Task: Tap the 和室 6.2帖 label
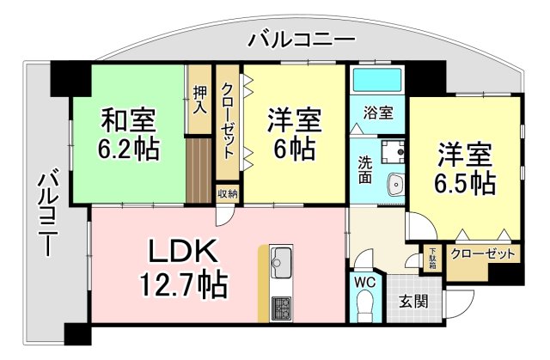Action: click(130, 133)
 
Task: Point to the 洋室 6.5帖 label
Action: click(466, 168)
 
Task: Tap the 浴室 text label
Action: click(377, 112)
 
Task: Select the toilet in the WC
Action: click(364, 306)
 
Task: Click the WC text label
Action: click(364, 282)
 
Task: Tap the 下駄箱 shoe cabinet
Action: click(432, 259)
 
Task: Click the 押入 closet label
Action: click(199, 99)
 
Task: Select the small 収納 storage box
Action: click(227, 194)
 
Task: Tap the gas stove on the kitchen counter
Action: click(282, 307)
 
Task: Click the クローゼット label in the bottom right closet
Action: click(485, 255)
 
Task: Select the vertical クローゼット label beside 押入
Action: click(228, 120)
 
